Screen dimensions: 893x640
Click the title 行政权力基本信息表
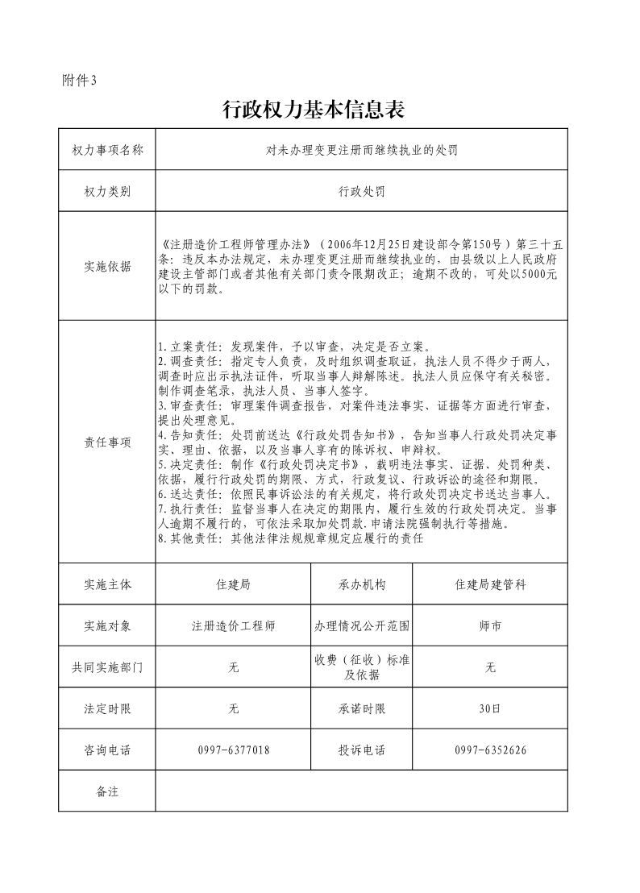[313, 110]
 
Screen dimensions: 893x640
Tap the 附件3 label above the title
[78, 80]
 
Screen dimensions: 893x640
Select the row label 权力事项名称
[107, 150]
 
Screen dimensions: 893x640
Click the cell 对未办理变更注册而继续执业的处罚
[362, 150]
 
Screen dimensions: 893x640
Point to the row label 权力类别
[107, 192]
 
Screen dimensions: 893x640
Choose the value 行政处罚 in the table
[362, 192]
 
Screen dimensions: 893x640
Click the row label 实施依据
[107, 267]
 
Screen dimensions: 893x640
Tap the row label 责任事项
[107, 442]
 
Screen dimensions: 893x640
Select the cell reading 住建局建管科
[490, 584]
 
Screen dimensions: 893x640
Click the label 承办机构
[362, 584]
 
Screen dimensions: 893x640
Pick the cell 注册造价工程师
[233, 626]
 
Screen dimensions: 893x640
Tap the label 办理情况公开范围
[362, 626]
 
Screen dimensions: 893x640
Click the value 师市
[490, 626]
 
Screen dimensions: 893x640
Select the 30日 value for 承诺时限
[490, 709]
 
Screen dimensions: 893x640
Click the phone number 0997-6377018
[233, 750]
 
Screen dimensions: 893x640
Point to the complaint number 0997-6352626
[490, 750]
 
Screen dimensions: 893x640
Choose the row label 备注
[107, 791]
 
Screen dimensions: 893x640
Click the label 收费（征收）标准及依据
[362, 667]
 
